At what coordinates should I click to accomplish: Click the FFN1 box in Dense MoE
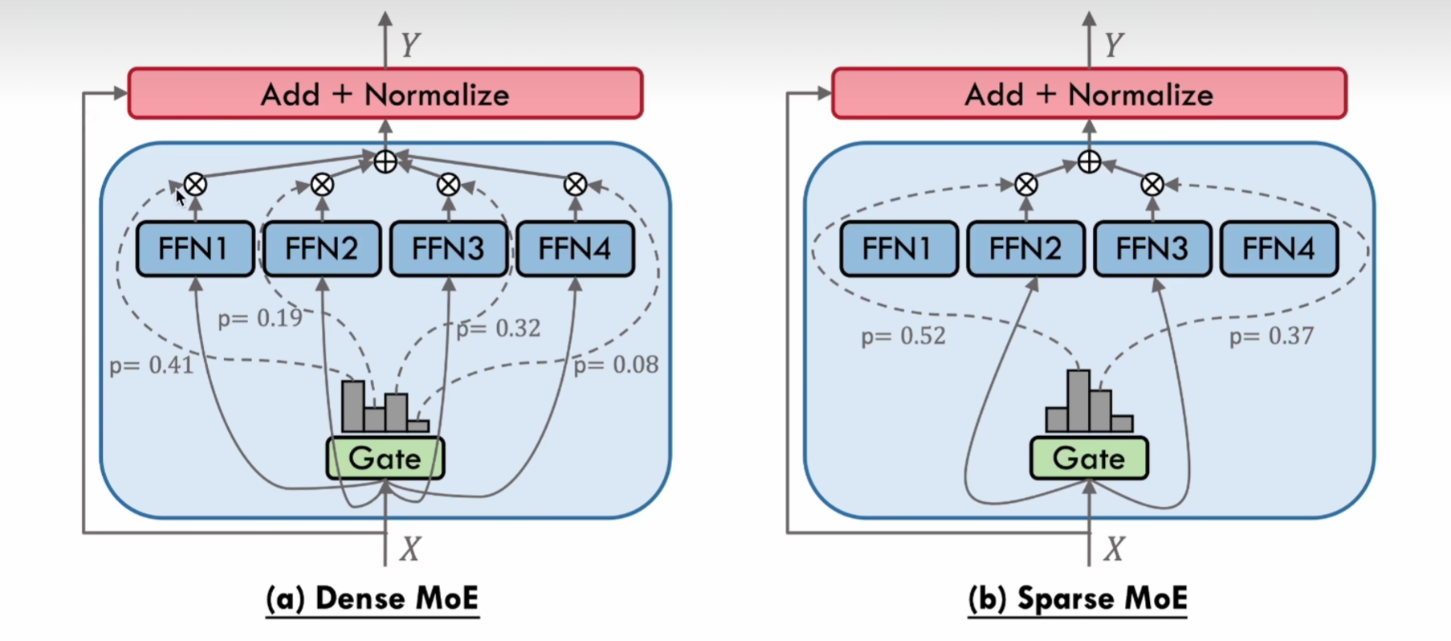195,249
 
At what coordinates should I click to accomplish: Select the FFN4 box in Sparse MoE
1278,249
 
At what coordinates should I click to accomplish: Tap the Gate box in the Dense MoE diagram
385,459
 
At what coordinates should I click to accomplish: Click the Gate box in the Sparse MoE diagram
1089,459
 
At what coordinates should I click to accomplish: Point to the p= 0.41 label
152,365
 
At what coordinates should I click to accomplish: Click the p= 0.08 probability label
616,365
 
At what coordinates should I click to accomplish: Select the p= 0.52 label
903,336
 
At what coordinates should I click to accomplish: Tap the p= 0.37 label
1271,336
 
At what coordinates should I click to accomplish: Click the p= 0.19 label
260,319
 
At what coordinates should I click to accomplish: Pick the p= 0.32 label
499,329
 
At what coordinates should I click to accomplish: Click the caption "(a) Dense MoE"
373,598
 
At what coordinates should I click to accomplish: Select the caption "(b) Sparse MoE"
1078,598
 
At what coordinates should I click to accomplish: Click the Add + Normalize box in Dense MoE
385,94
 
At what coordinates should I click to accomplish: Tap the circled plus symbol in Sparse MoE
1089,162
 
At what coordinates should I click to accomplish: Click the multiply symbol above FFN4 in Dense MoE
575,185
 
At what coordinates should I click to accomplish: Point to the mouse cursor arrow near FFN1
180,197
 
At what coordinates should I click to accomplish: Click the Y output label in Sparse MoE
1113,45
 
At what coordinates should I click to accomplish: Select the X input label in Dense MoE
410,549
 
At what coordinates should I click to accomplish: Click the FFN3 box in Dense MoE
448,249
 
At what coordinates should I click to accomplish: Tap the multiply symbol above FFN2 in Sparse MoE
1025,185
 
